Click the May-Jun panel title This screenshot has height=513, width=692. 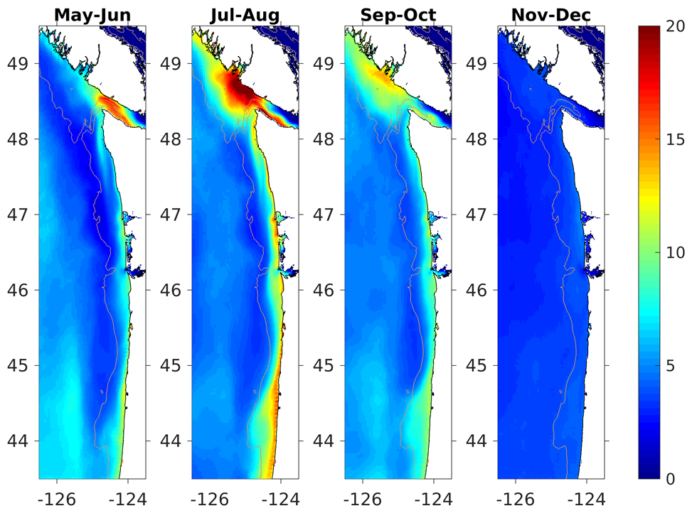(92, 14)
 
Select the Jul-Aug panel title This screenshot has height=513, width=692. (245, 14)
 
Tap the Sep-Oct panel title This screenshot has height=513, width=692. (398, 14)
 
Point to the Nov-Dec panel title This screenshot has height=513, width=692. (550, 14)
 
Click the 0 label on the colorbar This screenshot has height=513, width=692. (671, 479)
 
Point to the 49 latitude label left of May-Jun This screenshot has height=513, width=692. (19, 63)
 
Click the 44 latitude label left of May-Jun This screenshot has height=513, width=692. (19, 441)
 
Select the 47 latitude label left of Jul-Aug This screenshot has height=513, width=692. (172, 215)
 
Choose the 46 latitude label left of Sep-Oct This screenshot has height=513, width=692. (325, 290)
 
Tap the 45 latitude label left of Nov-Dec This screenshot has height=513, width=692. (478, 366)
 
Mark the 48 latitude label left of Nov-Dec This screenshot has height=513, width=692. (478, 139)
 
